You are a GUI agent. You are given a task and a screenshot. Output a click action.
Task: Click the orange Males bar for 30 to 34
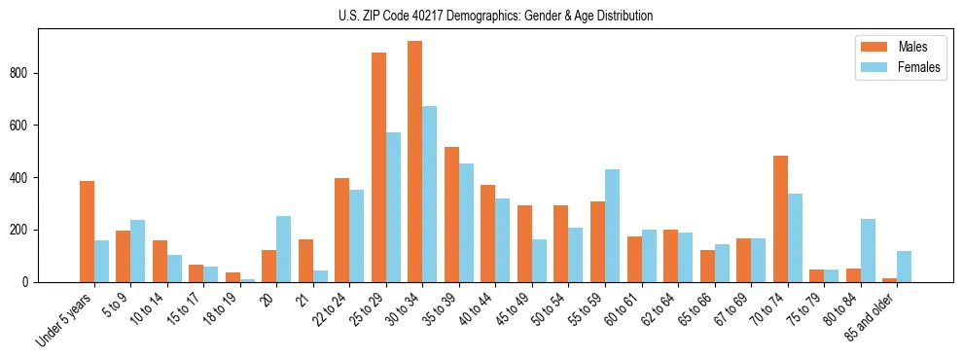[415, 162]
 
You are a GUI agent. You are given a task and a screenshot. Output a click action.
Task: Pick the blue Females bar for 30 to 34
[429, 195]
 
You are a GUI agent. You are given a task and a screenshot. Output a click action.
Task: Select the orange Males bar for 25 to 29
[378, 167]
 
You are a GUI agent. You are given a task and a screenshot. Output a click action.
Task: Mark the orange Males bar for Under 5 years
[87, 232]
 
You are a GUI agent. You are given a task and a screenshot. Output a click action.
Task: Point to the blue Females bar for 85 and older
[904, 267]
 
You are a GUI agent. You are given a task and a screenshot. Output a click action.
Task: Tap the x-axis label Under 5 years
[66, 319]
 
